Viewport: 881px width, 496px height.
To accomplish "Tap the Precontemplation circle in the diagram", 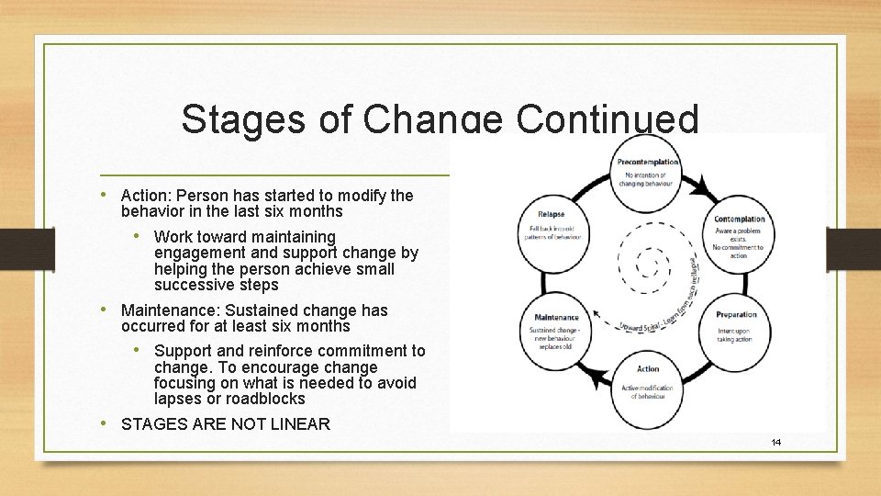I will [x=648, y=171].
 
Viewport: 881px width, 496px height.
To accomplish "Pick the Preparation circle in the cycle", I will [x=736, y=327].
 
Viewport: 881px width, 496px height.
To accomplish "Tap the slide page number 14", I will [x=776, y=443].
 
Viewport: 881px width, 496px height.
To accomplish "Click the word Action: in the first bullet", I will [x=146, y=196].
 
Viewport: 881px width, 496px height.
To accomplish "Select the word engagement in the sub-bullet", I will [x=199, y=253].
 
